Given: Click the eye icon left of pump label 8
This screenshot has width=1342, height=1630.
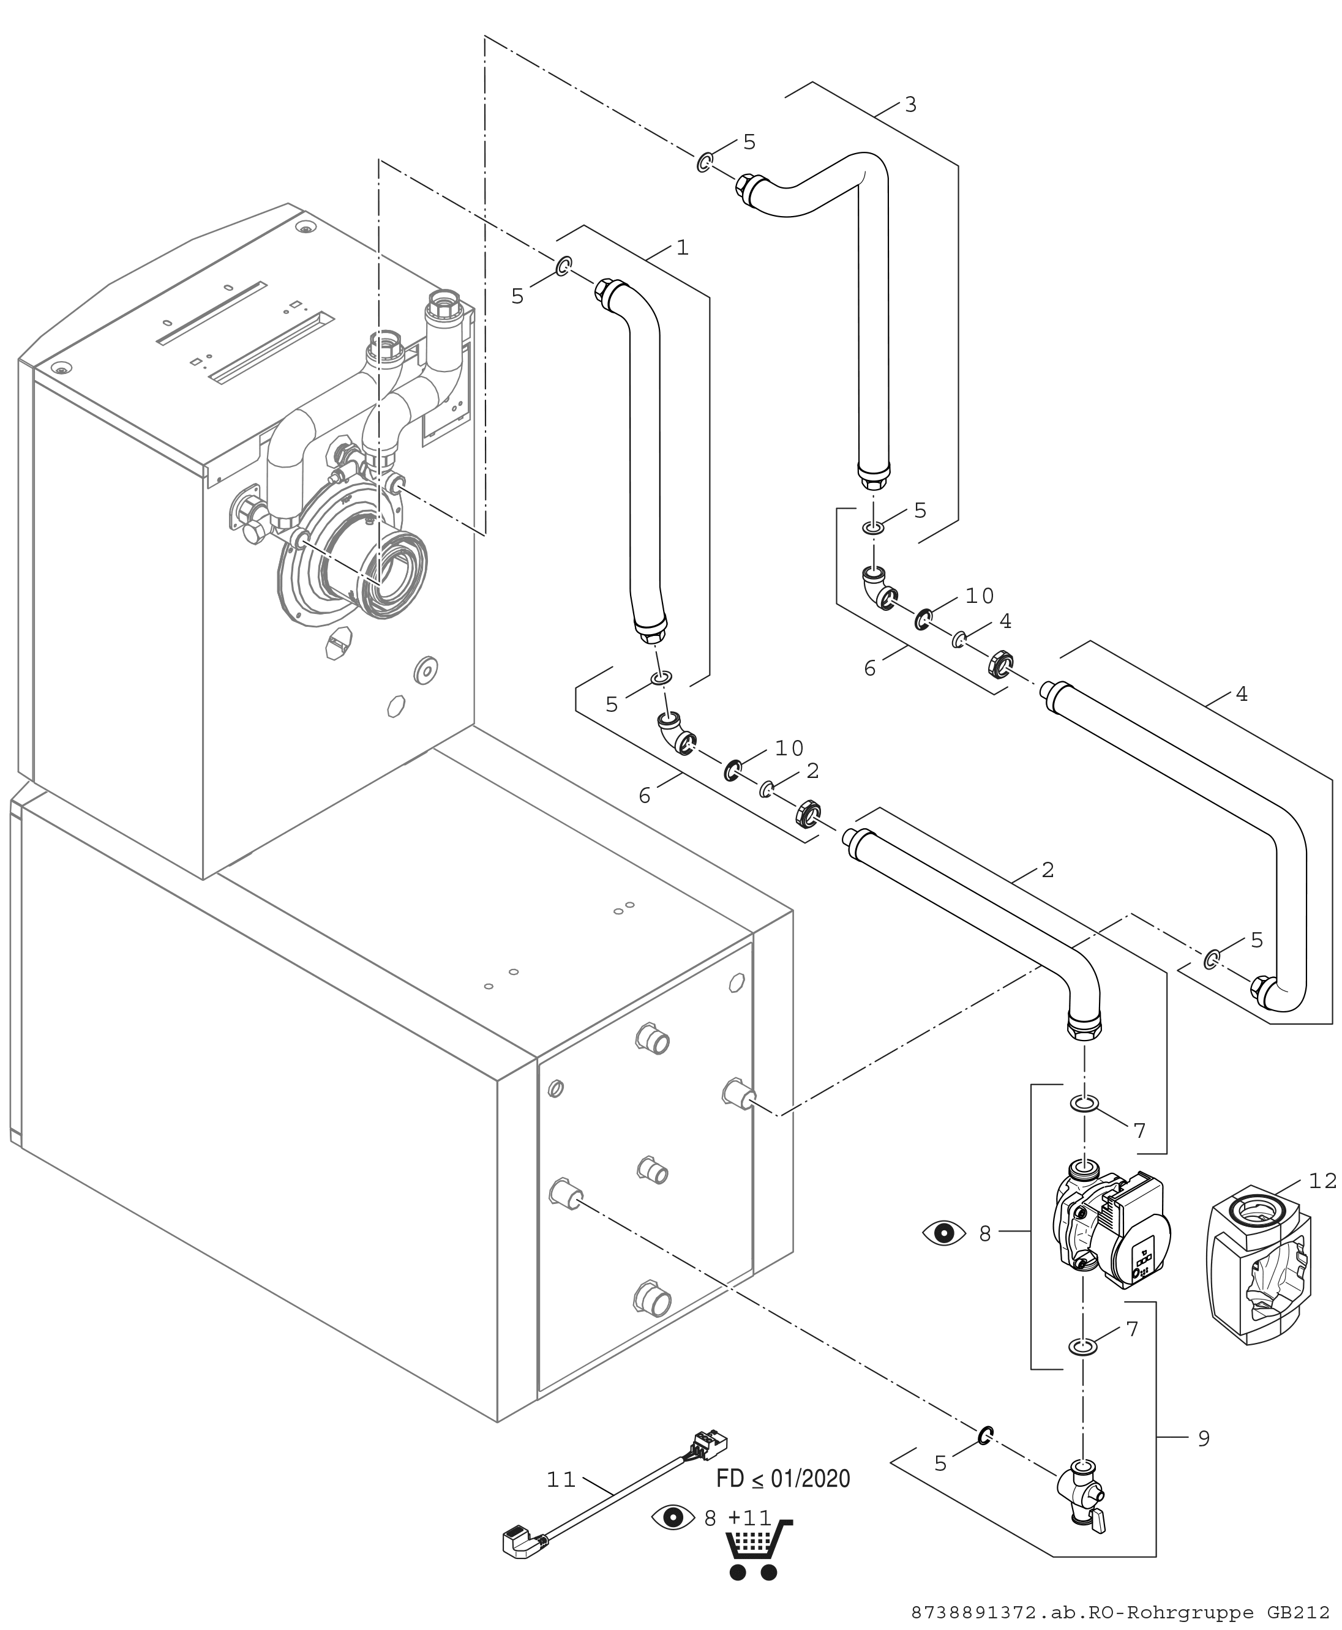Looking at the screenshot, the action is pyautogui.click(x=944, y=1233).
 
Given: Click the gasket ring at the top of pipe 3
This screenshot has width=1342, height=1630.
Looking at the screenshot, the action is pyautogui.click(x=705, y=162).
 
